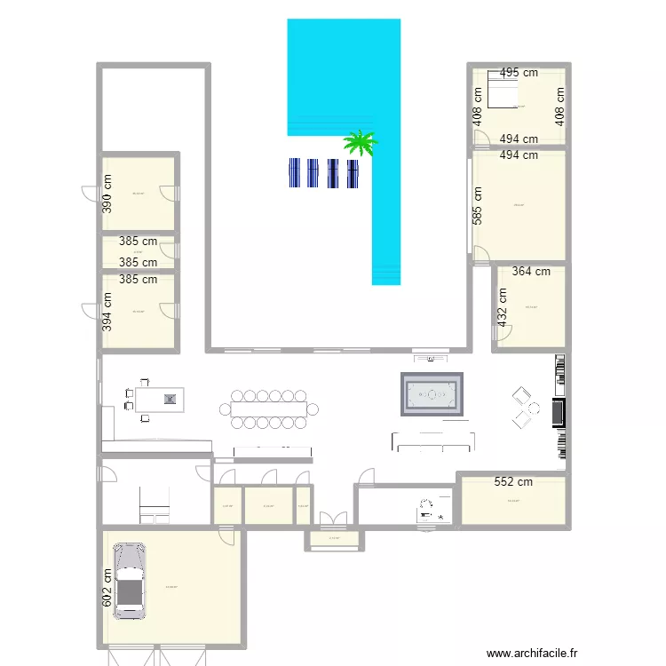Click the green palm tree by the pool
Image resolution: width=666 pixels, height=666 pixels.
pyautogui.click(x=361, y=142)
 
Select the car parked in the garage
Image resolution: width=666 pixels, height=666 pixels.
pyautogui.click(x=131, y=581)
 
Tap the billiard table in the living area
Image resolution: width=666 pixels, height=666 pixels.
pyautogui.click(x=433, y=393)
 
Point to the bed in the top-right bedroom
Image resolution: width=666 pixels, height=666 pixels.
pyautogui.click(x=501, y=92)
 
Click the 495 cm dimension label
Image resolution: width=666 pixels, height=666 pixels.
pyautogui.click(x=519, y=73)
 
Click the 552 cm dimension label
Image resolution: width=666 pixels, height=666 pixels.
pyautogui.click(x=513, y=482)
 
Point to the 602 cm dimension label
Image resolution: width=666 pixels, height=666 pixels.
pyautogui.click(x=107, y=589)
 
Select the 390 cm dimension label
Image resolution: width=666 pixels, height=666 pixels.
pyautogui.click(x=107, y=191)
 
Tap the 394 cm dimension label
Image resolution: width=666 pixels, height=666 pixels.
pyautogui.click(x=107, y=311)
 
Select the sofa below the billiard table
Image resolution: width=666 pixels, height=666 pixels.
pyautogui.click(x=433, y=440)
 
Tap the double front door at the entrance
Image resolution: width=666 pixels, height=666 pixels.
pyautogui.click(x=332, y=519)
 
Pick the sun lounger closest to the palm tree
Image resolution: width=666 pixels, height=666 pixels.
pyautogui.click(x=353, y=172)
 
